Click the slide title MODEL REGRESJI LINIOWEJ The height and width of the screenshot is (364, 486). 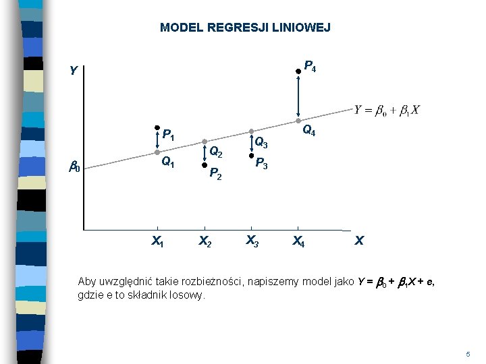(x=245, y=28)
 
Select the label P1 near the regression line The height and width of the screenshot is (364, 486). (x=169, y=135)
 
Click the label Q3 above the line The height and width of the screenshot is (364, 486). (x=261, y=143)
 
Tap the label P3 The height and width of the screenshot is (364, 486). (x=262, y=164)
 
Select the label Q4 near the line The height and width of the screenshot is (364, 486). (x=310, y=131)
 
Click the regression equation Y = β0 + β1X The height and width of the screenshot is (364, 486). (x=387, y=111)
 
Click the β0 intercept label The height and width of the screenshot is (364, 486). (x=74, y=167)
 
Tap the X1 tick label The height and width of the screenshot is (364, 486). (x=157, y=241)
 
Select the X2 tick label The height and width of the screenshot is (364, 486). (x=204, y=241)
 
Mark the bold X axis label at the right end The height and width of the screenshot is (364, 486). (x=359, y=241)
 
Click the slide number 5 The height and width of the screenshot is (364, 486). (x=467, y=354)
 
